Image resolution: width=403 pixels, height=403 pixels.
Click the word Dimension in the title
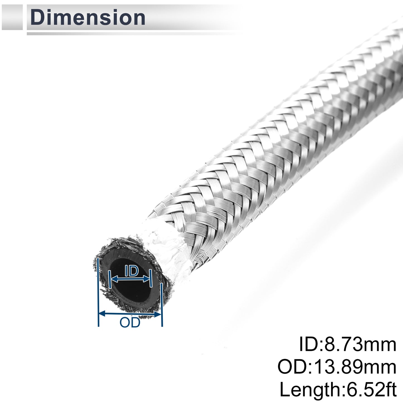pos(88,18)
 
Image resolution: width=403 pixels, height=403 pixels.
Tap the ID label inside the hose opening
pos(132,271)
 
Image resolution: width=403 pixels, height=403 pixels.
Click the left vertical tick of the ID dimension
pos(109,279)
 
